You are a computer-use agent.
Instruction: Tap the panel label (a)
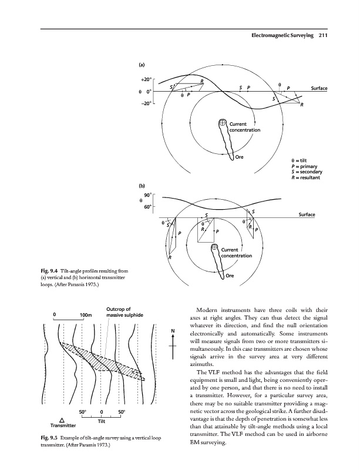pos(142,64)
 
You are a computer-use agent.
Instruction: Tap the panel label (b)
pos(142,185)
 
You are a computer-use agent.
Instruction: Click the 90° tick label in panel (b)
pos(149,194)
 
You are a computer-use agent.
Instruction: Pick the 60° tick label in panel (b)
pos(149,207)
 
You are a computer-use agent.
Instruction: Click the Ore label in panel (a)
pos(239,157)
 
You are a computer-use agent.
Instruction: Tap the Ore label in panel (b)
pos(230,277)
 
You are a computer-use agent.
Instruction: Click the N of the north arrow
pos(173,330)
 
